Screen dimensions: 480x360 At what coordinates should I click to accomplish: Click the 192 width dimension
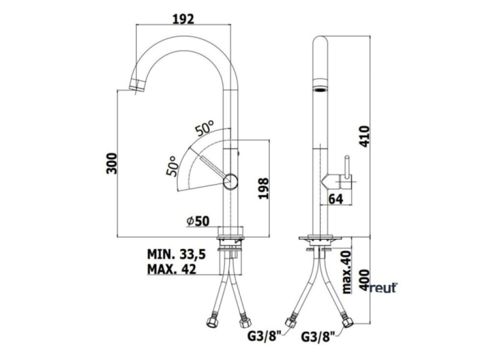point(183,19)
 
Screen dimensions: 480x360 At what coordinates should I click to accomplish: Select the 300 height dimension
point(112,163)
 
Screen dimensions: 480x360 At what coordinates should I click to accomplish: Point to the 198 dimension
point(264,189)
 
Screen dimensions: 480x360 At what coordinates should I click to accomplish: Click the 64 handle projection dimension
point(336,199)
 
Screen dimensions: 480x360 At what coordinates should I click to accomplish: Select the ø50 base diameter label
point(198,221)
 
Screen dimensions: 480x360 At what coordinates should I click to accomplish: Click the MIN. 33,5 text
point(176,254)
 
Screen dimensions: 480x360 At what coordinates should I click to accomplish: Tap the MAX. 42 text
point(171,269)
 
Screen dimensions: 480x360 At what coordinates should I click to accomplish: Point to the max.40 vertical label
point(346,272)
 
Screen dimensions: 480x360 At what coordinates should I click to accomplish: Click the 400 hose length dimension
point(364,280)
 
